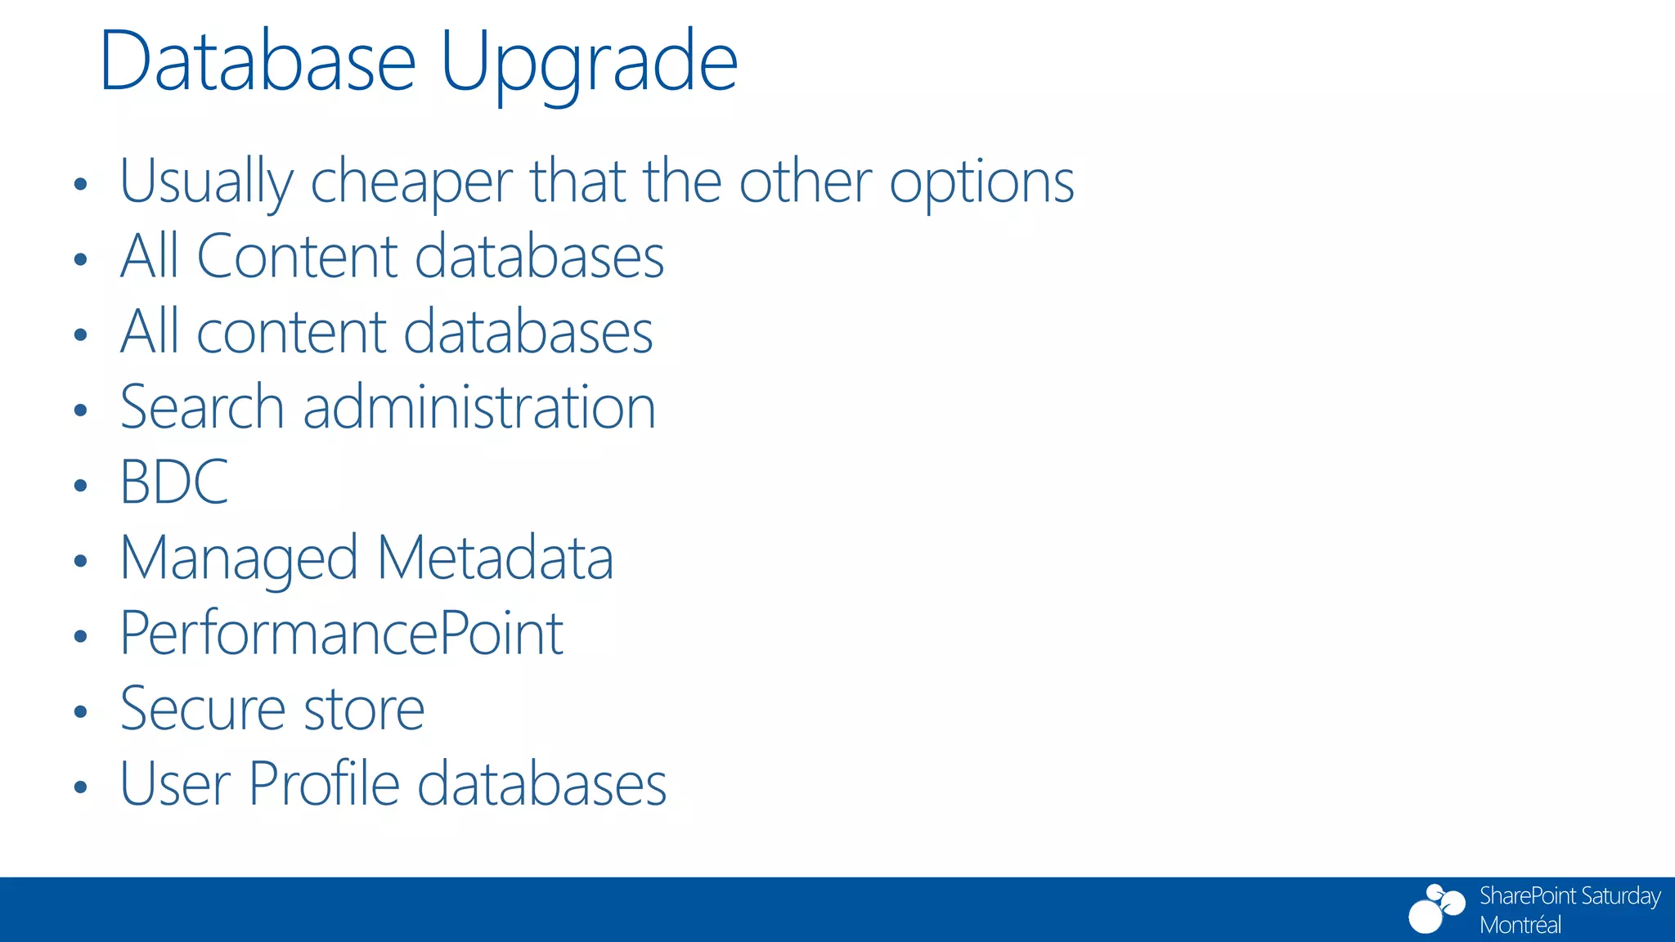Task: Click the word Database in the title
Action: coord(258,62)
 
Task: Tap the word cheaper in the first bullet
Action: coord(411,182)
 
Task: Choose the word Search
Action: coord(201,407)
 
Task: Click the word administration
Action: coord(479,407)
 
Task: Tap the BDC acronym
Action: coord(173,482)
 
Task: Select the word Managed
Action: coord(239,559)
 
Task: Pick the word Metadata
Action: coord(495,558)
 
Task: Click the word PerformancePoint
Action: coord(341,634)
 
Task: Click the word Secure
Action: coord(201,709)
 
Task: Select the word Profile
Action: coord(324,784)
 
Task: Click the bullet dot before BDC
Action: coord(79,486)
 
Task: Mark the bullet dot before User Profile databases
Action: coord(79,787)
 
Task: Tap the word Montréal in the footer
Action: coord(1520,925)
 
